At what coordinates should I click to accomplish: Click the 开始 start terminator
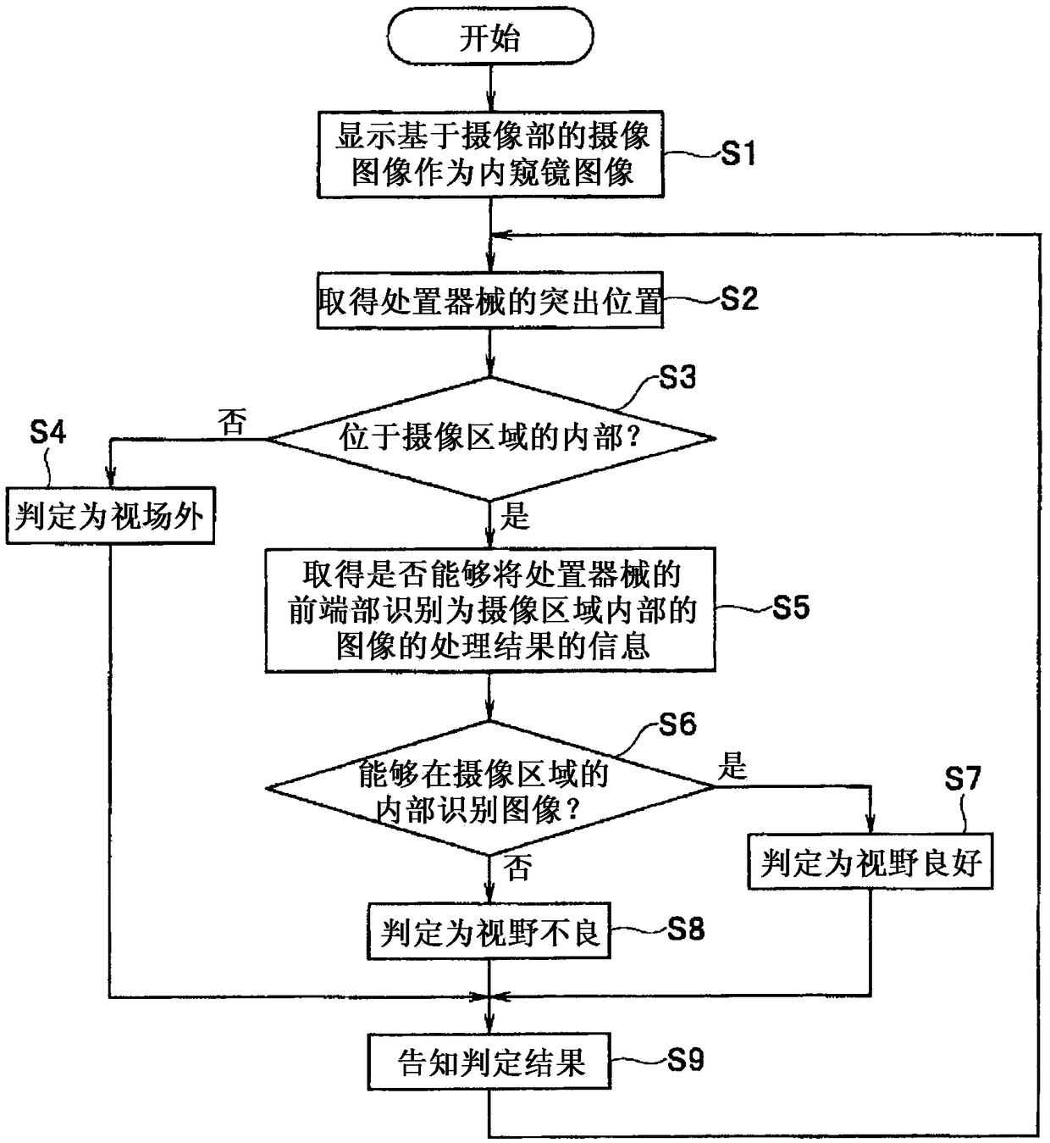tap(489, 36)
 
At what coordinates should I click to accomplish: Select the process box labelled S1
tap(490, 155)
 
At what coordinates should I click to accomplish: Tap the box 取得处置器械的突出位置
tap(490, 300)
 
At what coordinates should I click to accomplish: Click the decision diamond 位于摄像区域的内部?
tap(490, 438)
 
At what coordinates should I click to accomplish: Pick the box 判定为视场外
tap(110, 515)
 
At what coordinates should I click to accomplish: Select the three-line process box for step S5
tap(490, 609)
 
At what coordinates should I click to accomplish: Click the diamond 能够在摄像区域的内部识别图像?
tap(489, 788)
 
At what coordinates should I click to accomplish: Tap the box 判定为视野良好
tap(870, 862)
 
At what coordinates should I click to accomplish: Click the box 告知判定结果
tap(489, 1062)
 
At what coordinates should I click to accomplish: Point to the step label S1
tap(738, 154)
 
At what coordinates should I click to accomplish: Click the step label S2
tap(738, 299)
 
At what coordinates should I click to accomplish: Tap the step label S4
tap(47, 433)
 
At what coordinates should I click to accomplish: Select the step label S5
tap(791, 608)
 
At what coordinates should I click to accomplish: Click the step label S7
tap(962, 778)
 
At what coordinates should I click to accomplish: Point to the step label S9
tap(685, 1059)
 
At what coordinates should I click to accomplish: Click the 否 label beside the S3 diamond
tap(232, 421)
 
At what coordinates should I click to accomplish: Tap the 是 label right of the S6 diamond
tap(732, 767)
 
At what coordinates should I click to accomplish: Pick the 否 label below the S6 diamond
tap(517, 867)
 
